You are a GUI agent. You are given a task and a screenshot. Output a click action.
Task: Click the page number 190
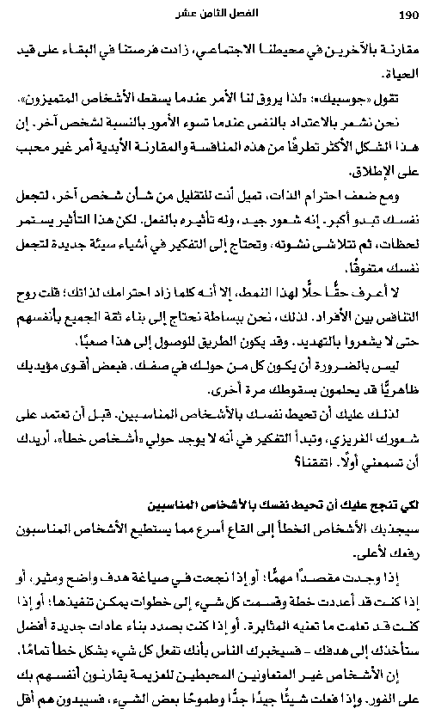pyautogui.click(x=408, y=13)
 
